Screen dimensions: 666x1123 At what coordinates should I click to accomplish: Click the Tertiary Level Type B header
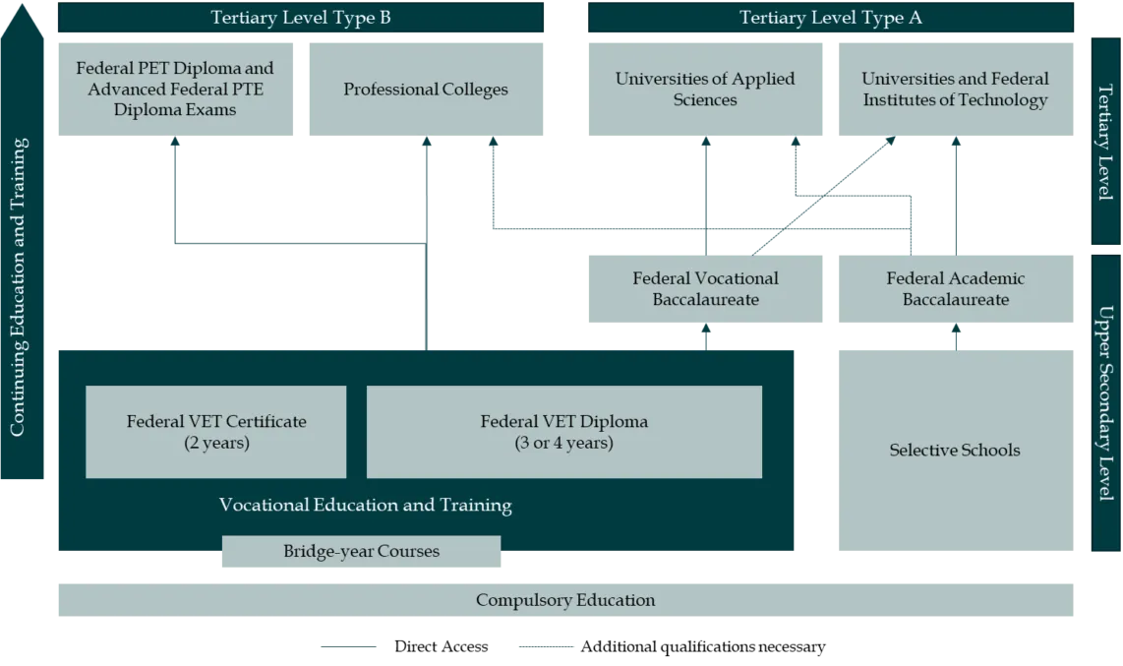(x=301, y=17)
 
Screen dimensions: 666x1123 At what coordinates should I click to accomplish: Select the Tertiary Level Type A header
(x=831, y=17)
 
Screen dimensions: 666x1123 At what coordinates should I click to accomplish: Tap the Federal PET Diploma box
(x=176, y=90)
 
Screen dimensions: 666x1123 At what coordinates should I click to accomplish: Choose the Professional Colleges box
(x=426, y=90)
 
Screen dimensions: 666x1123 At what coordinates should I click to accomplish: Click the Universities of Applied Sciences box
(x=704, y=90)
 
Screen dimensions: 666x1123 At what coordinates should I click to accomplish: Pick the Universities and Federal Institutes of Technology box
(x=955, y=90)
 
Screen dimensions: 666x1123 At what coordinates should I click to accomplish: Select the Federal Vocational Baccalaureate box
(x=704, y=288)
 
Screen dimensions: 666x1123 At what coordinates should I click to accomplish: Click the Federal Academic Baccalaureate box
(x=955, y=288)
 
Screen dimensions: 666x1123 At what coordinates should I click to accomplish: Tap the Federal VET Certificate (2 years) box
(x=216, y=432)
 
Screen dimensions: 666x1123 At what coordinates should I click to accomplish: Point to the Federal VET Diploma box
(x=563, y=432)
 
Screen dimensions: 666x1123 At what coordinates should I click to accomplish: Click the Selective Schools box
(x=955, y=450)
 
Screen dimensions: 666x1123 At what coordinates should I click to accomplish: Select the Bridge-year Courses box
(x=361, y=552)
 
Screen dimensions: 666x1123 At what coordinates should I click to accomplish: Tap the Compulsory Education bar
(x=565, y=600)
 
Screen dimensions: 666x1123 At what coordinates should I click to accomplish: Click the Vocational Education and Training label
(x=365, y=506)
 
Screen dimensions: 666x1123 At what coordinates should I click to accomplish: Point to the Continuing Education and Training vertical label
(x=19, y=285)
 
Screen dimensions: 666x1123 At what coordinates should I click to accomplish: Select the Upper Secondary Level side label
(x=1105, y=403)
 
